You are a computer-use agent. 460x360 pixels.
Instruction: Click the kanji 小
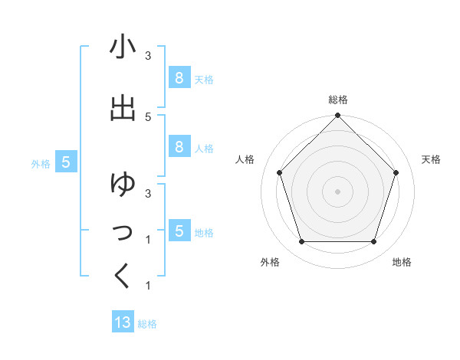point(123,48)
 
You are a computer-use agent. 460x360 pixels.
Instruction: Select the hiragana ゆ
point(123,185)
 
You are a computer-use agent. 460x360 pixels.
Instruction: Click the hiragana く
point(123,277)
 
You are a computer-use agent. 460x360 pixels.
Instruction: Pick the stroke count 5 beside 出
point(148,116)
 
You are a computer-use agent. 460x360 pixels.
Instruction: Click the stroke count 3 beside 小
point(148,56)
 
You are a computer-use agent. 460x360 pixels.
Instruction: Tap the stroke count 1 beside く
point(148,286)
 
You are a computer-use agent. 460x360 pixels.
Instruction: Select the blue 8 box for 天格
point(179,77)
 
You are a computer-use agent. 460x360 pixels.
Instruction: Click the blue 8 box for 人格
point(179,147)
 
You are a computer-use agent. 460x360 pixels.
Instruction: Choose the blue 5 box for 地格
point(179,231)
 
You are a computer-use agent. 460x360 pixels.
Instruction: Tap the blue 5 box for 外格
point(66,162)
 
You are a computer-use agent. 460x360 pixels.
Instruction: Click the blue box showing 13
point(123,322)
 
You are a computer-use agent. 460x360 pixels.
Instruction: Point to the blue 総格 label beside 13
point(147,324)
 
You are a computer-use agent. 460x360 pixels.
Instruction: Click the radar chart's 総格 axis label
point(338,100)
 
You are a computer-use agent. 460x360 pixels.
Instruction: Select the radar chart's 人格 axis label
point(245,159)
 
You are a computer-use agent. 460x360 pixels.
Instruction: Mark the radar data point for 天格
point(396,172)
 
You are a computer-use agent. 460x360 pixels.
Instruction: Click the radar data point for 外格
point(301,242)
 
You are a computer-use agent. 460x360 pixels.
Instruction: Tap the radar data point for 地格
point(374,242)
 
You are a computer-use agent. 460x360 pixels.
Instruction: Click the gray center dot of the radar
point(338,191)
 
